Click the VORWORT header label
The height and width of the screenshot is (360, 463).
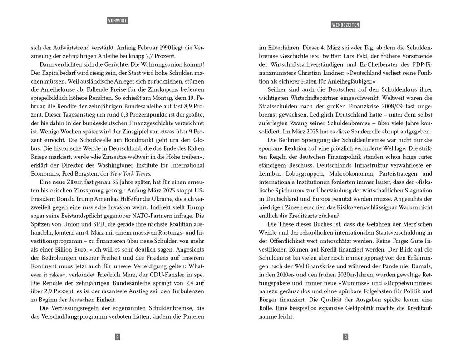point(118,20)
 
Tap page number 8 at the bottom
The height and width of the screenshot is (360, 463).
point(118,337)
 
